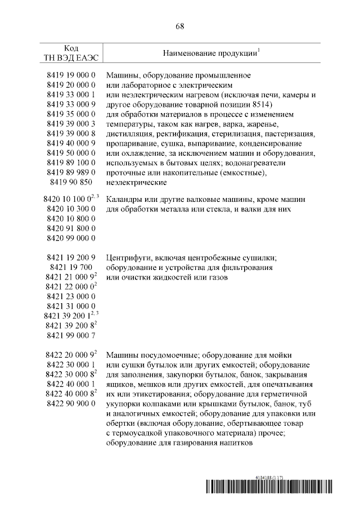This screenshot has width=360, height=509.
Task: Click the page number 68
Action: pyautogui.click(x=180, y=26)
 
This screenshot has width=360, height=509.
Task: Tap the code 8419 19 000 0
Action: pyautogui.click(x=71, y=75)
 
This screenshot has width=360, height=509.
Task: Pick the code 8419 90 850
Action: pyautogui.click(x=71, y=182)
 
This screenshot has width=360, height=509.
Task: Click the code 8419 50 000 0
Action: pyautogui.click(x=71, y=153)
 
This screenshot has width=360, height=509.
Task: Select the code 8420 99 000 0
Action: pyautogui.click(x=71, y=238)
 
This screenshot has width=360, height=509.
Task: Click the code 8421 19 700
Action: pyautogui.click(x=71, y=268)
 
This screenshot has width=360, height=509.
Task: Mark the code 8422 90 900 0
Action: pyautogui.click(x=71, y=404)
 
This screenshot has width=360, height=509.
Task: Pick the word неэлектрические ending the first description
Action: pyautogui.click(x=135, y=182)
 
